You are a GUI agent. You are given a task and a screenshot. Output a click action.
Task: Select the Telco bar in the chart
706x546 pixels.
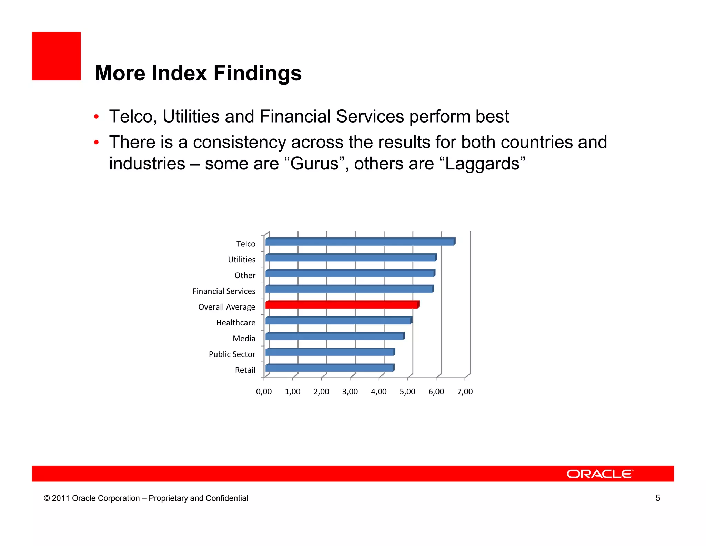[x=360, y=242]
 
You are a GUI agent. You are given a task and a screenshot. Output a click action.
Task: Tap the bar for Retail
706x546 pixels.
[x=330, y=368]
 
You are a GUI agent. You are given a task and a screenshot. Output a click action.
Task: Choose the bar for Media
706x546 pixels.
[x=335, y=337]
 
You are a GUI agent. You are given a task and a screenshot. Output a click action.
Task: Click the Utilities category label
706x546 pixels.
[x=242, y=260]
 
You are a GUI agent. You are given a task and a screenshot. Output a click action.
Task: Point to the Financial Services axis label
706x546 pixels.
[x=224, y=291]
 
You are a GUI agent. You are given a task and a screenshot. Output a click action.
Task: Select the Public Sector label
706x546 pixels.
[x=232, y=354]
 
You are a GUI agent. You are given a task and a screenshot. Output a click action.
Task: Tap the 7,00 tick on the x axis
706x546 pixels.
[x=465, y=392]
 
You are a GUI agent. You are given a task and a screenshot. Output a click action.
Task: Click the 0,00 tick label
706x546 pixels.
[x=264, y=392]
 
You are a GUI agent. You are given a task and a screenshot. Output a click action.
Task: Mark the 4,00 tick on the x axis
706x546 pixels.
[x=379, y=392]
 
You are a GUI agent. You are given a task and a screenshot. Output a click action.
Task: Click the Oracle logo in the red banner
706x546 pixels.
[x=599, y=474]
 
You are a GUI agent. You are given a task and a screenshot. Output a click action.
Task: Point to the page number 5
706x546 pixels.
[x=657, y=498]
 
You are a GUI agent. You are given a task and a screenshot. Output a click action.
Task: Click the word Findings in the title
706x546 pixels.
[x=257, y=73]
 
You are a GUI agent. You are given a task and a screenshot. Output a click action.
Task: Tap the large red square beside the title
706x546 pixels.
[x=56, y=56]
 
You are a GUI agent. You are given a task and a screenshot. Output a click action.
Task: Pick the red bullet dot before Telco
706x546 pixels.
[x=97, y=117]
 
